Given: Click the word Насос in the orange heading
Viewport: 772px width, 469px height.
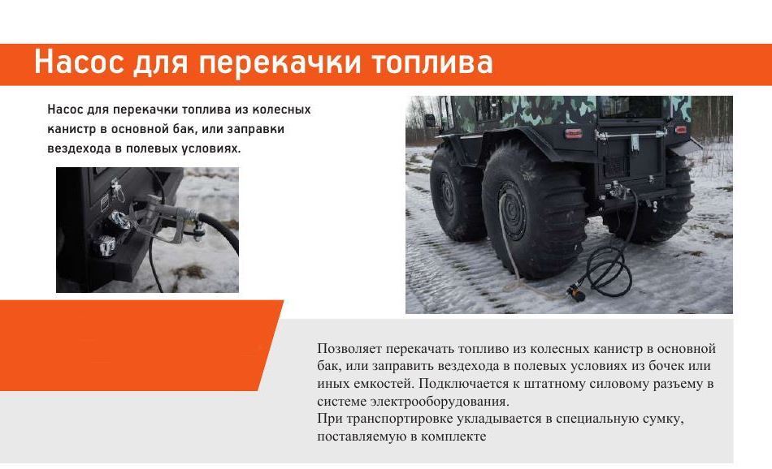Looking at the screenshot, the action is (x=79, y=62).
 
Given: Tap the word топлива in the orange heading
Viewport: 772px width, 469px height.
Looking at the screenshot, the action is (x=432, y=62).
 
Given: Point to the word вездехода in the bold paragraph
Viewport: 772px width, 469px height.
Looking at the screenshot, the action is (x=79, y=148).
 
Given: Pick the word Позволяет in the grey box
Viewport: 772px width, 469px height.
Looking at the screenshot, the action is (x=349, y=349).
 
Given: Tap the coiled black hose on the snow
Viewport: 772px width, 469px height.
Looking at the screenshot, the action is (x=609, y=271).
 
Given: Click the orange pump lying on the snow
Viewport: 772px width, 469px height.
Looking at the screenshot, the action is (x=575, y=294).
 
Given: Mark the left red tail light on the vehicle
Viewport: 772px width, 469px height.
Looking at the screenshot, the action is (x=573, y=133).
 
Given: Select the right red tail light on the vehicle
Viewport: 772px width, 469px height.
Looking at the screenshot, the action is (x=680, y=130).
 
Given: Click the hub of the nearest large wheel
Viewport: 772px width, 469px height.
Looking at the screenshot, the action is (x=514, y=211).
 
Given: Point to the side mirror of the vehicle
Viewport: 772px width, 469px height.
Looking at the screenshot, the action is (x=430, y=120).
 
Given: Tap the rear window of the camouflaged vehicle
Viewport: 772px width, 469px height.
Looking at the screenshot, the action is (x=632, y=107).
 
